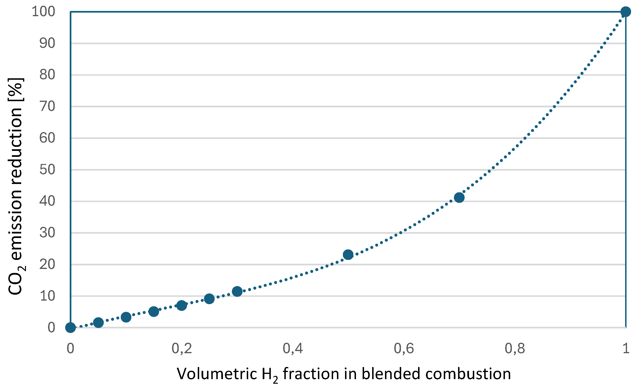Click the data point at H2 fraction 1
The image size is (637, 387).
tap(626, 12)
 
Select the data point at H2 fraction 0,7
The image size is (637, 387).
tap(459, 198)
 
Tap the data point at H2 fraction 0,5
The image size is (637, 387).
tap(348, 255)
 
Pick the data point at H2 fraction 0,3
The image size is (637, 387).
tap(237, 291)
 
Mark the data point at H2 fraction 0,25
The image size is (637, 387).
tap(209, 299)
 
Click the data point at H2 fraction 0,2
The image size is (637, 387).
tap(182, 306)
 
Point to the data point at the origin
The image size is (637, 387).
tap(70, 327)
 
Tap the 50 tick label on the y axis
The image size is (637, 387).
tap(47, 170)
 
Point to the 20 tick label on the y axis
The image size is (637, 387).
tap(47, 264)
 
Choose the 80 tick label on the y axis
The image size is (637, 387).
tap(47, 75)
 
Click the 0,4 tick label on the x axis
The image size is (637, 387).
tap(293, 348)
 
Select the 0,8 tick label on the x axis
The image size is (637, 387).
tap(515, 348)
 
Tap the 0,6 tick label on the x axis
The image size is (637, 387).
tap(404, 348)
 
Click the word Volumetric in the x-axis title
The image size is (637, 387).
tap(217, 374)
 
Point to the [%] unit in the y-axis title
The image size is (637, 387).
tap(16, 89)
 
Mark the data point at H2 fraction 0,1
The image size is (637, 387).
tap(126, 317)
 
